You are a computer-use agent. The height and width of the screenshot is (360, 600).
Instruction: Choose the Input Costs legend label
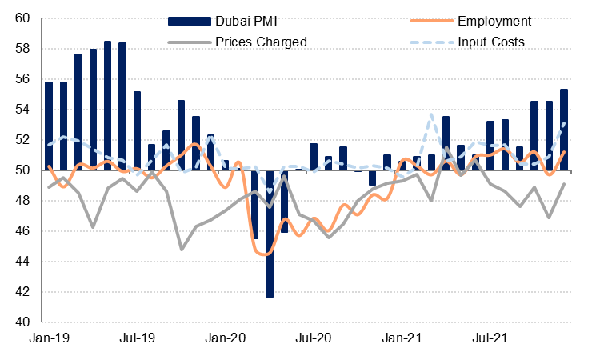[491, 42]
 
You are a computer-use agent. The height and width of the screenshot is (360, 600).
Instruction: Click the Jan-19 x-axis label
[49, 339]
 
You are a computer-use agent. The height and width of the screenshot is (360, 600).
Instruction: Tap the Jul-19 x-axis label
[138, 339]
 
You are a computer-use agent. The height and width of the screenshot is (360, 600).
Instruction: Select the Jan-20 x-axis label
[226, 339]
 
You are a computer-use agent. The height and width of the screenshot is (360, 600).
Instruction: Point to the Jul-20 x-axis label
[314, 339]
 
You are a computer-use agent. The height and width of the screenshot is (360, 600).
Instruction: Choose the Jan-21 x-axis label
[402, 339]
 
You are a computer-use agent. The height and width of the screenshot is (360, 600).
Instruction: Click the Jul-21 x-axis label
[491, 339]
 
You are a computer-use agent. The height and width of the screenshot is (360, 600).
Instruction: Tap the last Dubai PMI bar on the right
[564, 129]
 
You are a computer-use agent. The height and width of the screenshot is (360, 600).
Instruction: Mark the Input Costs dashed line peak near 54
[431, 115]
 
